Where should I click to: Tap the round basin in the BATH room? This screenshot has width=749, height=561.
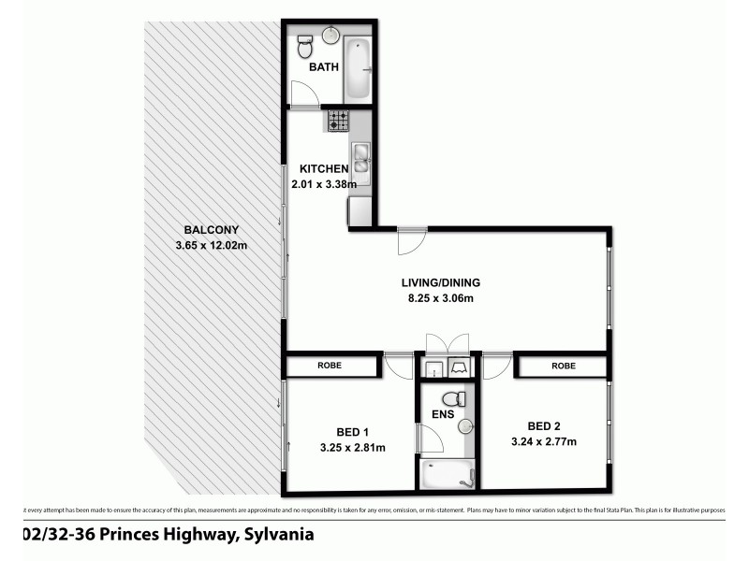click(331, 35)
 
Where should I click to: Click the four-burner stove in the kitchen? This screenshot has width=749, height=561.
click(337, 121)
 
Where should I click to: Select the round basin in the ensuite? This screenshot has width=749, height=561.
click(466, 426)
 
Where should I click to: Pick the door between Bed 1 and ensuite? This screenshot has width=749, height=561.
click(429, 439)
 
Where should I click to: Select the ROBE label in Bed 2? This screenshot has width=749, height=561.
click(563, 366)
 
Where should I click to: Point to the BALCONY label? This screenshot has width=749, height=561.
click(212, 230)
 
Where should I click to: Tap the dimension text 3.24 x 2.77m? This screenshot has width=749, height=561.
click(543, 442)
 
